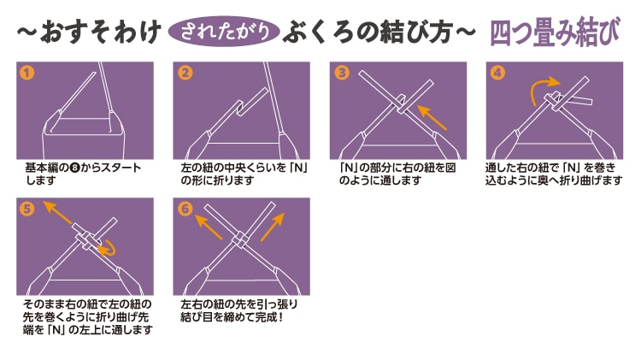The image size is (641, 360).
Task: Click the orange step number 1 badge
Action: click(26, 73)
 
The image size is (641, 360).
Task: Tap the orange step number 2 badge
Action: click(185, 73)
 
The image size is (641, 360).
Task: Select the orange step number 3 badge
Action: click(341, 73)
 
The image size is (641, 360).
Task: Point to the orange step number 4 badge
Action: click(497, 73)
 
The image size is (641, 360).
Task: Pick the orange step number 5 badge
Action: click(26, 209)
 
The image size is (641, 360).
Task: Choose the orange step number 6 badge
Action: click(185, 209)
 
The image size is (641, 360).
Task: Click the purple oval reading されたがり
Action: click(224, 31)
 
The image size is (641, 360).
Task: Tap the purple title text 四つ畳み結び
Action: click(555, 31)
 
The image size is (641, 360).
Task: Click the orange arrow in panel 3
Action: click(432, 117)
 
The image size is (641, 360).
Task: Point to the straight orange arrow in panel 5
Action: click(58, 212)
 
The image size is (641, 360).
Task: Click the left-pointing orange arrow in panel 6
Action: click(209, 227)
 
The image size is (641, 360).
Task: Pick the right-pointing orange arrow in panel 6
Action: click(273, 227)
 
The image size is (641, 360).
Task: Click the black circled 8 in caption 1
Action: click(75, 168)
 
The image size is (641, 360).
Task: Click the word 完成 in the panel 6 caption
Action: click(266, 317)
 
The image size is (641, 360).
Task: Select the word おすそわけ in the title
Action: click(100, 32)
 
